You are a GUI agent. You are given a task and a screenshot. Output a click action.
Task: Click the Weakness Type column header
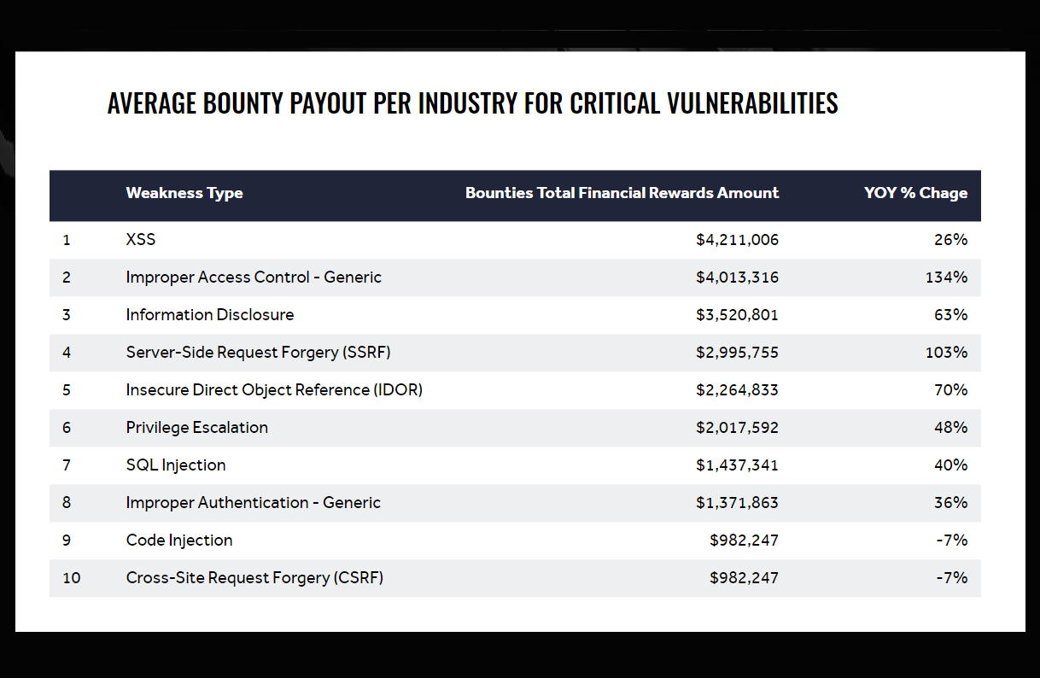coord(184,193)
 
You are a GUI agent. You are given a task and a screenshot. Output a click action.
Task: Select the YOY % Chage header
coord(915,193)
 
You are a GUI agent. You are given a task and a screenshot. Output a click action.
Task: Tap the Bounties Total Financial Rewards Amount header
coord(622,193)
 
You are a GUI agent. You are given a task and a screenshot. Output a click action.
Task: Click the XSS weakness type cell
coord(141,240)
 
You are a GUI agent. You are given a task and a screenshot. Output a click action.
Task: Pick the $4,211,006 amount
coord(737,240)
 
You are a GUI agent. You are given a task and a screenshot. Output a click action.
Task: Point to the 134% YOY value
coord(946,278)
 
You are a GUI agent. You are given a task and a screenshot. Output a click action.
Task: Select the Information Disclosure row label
coord(209,315)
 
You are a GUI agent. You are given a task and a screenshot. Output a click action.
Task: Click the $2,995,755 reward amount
coord(737,353)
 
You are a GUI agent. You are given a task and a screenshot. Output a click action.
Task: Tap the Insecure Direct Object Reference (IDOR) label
coord(274,390)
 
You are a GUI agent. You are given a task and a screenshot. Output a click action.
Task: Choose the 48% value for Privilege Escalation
coord(950,428)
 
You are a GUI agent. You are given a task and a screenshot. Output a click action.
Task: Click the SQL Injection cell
coord(176,465)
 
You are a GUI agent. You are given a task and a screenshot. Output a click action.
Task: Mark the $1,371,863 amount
coord(737,503)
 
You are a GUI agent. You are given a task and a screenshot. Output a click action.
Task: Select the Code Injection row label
coord(179,541)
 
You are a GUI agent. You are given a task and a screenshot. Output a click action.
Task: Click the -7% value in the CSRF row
coord(952,578)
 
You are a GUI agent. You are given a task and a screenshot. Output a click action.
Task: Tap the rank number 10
coord(72,578)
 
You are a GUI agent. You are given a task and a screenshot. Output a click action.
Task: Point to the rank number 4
coord(67,353)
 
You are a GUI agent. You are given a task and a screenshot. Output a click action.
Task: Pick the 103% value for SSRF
coord(946,353)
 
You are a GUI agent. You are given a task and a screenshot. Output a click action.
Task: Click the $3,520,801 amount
coord(737,315)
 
